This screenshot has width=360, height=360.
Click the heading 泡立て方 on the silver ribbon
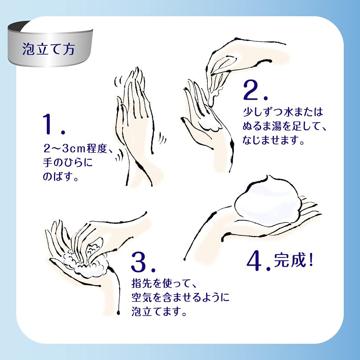tap(49, 49)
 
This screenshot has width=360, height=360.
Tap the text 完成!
tap(293, 260)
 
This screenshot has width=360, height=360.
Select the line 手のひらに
tap(68, 163)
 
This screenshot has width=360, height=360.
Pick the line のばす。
tap(60, 176)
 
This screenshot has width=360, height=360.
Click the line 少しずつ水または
tap(283, 112)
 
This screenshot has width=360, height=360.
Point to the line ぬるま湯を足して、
tap(284, 126)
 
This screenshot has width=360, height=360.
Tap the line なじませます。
tap(274, 140)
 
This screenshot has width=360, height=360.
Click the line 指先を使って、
tap(164, 284)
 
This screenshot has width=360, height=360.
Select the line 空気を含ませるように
tap(180, 298)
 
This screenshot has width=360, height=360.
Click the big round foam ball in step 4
tap(266, 202)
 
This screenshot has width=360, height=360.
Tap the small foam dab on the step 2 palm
tap(212, 126)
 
